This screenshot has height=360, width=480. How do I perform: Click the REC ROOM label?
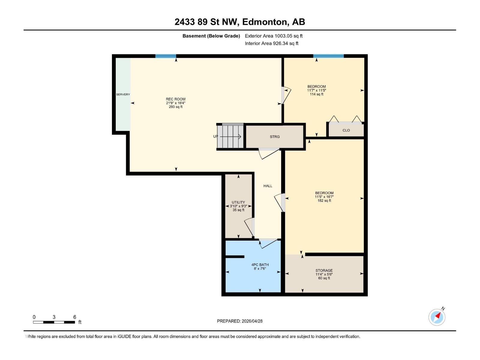pyautogui.click(x=175, y=99)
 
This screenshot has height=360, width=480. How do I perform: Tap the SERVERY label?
pyautogui.click(x=123, y=94)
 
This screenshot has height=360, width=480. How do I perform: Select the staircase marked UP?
pyautogui.click(x=230, y=137)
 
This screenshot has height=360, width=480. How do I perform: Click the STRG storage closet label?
pyautogui.click(x=274, y=137)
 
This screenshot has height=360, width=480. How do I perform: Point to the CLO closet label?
pyautogui.click(x=346, y=130)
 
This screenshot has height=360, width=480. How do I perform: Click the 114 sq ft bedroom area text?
pyautogui.click(x=316, y=94)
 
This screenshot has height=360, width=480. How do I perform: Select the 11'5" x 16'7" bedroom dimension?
pyautogui.click(x=324, y=197)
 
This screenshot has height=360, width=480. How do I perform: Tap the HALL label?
pyautogui.click(x=268, y=186)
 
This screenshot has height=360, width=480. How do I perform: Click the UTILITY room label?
pyautogui.click(x=238, y=202)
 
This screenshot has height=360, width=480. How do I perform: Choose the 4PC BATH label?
pyautogui.click(x=260, y=265)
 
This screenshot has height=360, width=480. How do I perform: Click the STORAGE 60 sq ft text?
pyautogui.click(x=324, y=278)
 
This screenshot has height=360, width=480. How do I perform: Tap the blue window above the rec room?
pyautogui.click(x=166, y=56)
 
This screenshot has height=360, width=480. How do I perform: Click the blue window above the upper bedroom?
pyautogui.click(x=328, y=56)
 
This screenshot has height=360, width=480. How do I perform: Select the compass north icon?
pyautogui.click(x=437, y=317)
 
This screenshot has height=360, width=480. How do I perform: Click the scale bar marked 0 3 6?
pyautogui.click(x=54, y=322)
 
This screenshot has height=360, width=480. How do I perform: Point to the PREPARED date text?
pyautogui.click(x=240, y=321)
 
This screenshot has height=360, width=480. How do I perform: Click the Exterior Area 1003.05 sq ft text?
pyautogui.click(x=274, y=36)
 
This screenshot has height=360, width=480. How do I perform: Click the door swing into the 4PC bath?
pyautogui.click(x=268, y=244)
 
